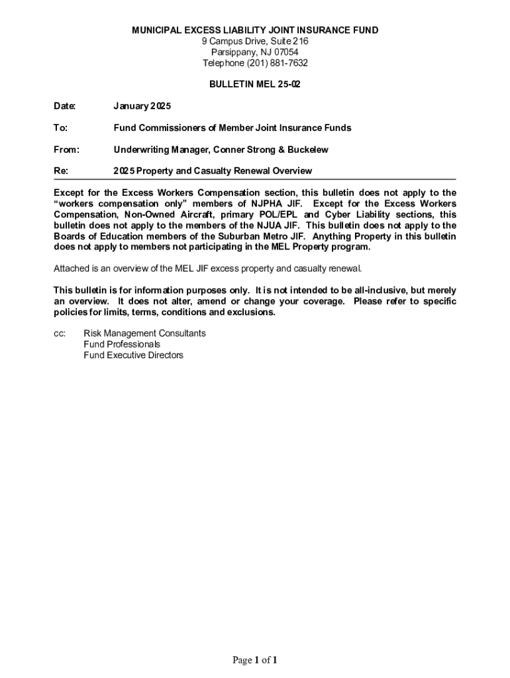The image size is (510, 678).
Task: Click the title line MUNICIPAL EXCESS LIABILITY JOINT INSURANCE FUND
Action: point(255,30)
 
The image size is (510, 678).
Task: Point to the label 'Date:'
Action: point(65,106)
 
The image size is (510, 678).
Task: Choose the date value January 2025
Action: point(142,106)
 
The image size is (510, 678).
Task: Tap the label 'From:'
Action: point(66,150)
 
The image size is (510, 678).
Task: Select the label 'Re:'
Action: point(61,171)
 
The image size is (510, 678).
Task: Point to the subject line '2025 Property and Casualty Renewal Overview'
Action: point(213,171)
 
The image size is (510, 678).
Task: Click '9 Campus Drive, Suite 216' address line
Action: point(255,42)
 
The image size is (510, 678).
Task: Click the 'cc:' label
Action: point(59,334)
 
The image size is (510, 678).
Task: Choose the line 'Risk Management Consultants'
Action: point(144,334)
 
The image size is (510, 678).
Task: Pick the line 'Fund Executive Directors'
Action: point(133,356)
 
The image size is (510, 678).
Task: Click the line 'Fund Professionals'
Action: point(122,344)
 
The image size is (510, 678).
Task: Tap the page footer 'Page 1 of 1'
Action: point(254,660)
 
